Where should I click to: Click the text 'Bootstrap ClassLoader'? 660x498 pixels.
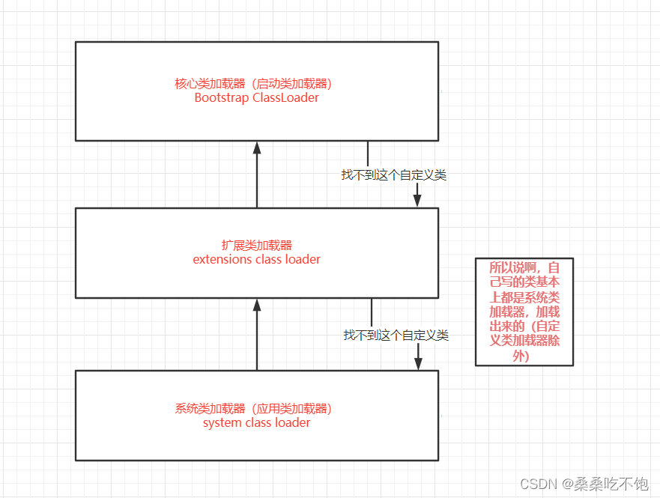[x=256, y=97]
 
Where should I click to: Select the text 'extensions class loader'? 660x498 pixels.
[x=256, y=259]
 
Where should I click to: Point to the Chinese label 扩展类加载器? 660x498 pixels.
[x=256, y=246]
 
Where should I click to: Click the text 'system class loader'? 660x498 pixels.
[x=256, y=422]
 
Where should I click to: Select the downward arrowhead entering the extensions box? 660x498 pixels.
[x=417, y=200]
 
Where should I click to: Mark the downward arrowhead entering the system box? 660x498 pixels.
[x=418, y=362]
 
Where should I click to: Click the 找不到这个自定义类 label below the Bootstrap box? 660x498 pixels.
[x=394, y=174]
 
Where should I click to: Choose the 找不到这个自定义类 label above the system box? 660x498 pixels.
[x=396, y=335]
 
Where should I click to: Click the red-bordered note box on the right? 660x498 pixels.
[x=524, y=312]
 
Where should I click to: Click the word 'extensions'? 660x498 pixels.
[x=219, y=259]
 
